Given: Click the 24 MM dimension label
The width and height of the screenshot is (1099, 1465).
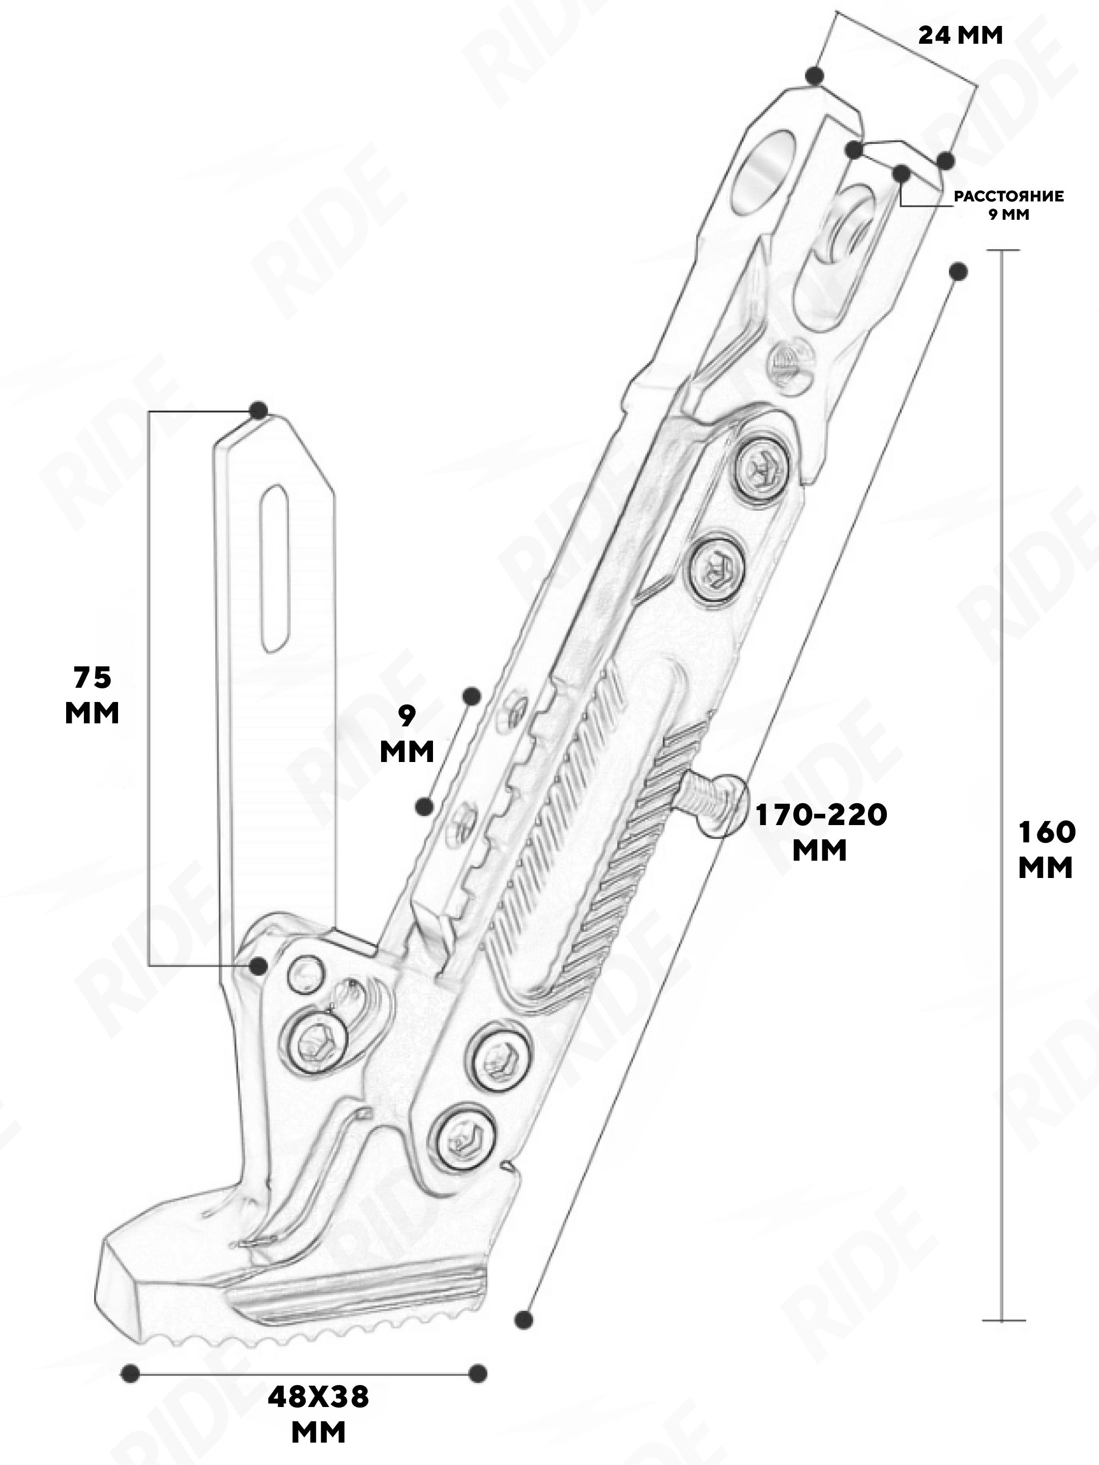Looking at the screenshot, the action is [x=960, y=35].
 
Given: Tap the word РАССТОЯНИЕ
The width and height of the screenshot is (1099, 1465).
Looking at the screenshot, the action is [x=1008, y=197].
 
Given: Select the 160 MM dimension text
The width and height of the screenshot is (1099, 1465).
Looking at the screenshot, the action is [x=1046, y=849].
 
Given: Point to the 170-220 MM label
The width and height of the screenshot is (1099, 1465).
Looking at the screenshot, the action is [x=821, y=833].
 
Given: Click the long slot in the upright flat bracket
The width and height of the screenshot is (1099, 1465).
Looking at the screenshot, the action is [x=276, y=569].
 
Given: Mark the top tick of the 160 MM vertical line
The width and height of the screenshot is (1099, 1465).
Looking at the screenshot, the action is [x=1000, y=250].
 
